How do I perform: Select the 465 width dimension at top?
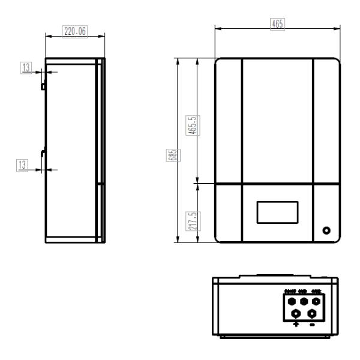[x=277, y=24]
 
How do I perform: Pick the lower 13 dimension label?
[x=23, y=164]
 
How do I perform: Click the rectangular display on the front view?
[x=277, y=212]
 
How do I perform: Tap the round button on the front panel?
[x=326, y=230]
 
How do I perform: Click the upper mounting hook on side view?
[x=43, y=86]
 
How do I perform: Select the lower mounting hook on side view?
[x=43, y=153]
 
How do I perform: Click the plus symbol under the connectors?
[x=296, y=325]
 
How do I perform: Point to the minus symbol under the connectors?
[x=312, y=325]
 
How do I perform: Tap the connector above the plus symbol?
[x=296, y=313]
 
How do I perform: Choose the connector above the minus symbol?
[x=312, y=313]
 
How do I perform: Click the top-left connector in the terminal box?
[x=291, y=301]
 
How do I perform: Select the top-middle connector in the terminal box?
[x=304, y=301]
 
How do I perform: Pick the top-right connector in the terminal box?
[x=317, y=301]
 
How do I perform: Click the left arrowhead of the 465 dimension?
[x=218, y=28]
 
